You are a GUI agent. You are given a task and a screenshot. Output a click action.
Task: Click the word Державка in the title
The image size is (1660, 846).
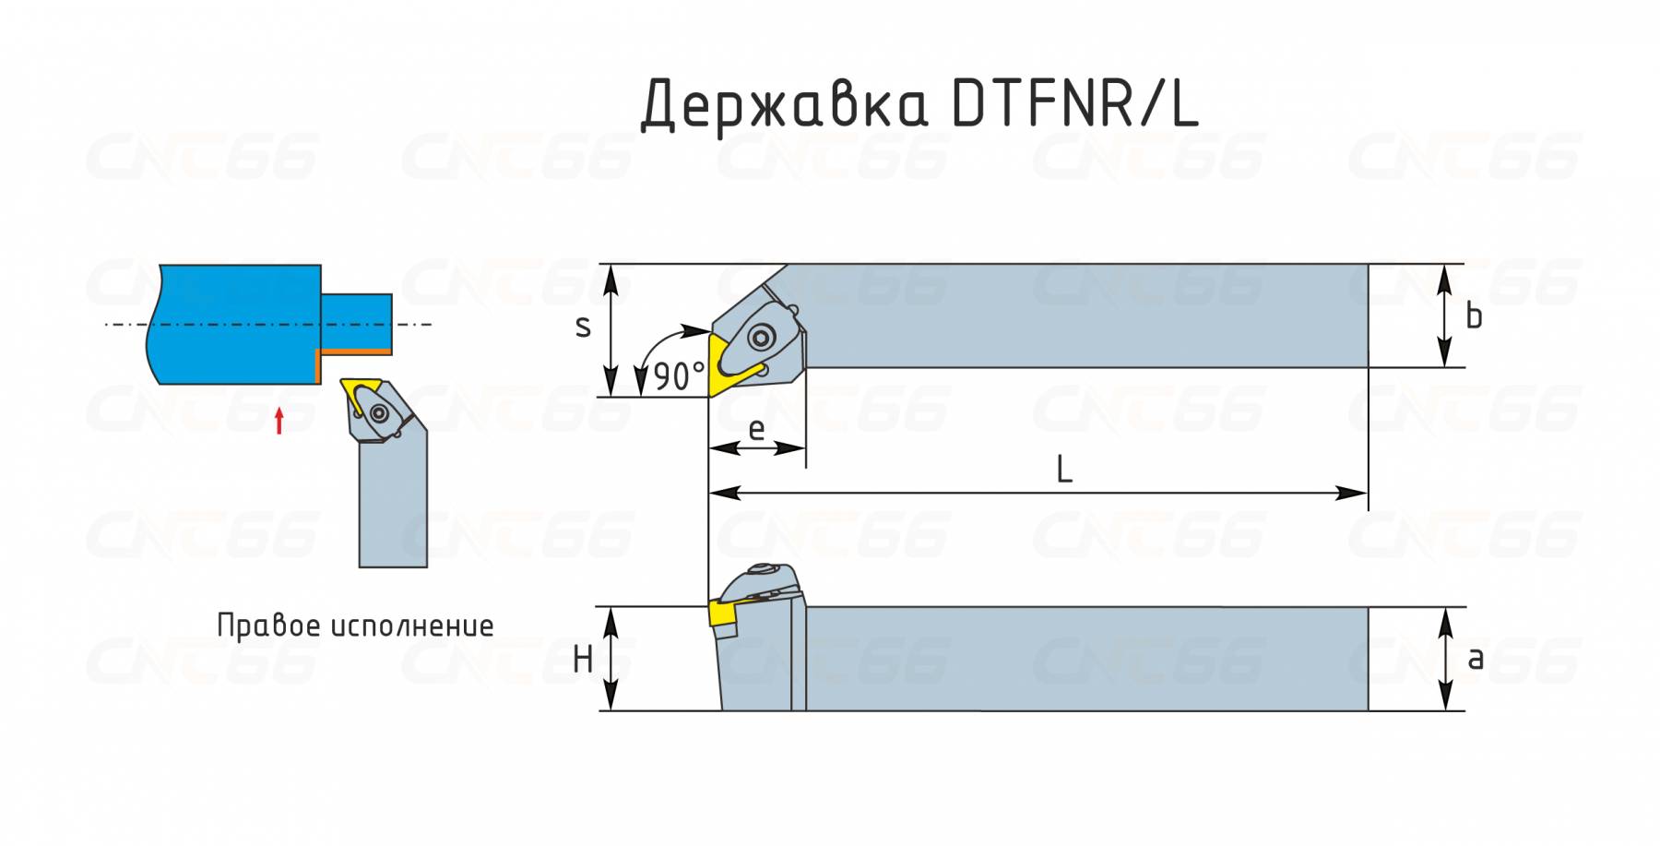(x=785, y=104)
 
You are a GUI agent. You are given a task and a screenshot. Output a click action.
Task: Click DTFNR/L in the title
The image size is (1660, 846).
(x=1075, y=102)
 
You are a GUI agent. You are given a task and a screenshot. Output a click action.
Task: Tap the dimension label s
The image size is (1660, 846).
(x=583, y=327)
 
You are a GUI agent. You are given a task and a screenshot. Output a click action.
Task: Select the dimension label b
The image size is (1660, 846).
(x=1474, y=316)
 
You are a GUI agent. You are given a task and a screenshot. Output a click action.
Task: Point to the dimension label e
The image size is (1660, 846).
(x=756, y=429)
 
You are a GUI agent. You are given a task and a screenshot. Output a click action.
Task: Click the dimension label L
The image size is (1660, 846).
(x=1064, y=470)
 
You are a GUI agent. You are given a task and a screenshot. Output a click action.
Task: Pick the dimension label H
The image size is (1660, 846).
(x=583, y=660)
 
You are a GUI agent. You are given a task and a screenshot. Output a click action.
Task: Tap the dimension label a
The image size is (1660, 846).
(x=1476, y=659)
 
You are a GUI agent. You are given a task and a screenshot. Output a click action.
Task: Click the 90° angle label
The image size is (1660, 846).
(x=679, y=376)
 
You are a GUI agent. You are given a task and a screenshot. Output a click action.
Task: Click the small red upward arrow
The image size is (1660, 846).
(x=279, y=420)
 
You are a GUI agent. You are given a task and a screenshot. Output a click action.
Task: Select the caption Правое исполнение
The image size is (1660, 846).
(x=355, y=626)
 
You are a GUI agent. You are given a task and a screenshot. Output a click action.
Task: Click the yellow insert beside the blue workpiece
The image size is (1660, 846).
(x=361, y=394)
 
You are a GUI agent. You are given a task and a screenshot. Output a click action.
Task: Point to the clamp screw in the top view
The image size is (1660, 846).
(x=761, y=338)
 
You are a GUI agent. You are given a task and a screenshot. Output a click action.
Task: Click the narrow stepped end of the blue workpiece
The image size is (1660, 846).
(x=357, y=324)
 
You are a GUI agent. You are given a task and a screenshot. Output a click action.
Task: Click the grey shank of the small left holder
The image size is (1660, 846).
(x=393, y=503)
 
